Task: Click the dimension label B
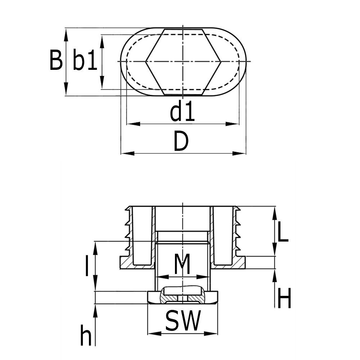[x=56, y=60]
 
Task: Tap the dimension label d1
[x=182, y=112]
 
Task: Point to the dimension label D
[x=181, y=141]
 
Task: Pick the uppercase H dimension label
[x=284, y=298]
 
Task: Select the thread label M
[x=182, y=265]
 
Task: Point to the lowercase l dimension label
[x=86, y=266]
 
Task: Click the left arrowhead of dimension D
[x=124, y=153]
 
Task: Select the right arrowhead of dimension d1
[x=235, y=124]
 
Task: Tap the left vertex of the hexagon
[x=146, y=62]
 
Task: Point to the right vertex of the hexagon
[x=220, y=62]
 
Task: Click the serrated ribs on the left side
[x=128, y=230]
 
